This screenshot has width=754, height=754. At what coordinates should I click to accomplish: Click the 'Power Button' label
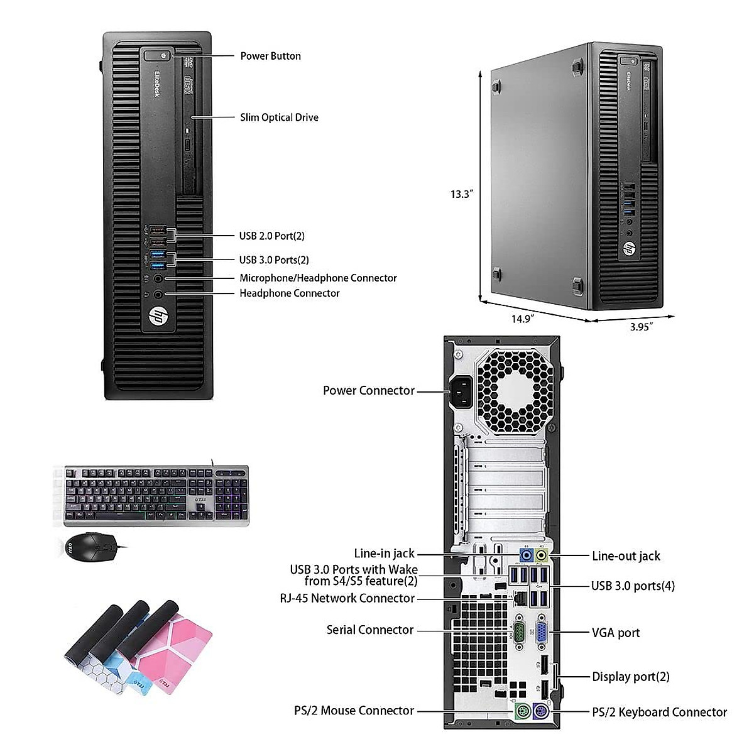coord(270,56)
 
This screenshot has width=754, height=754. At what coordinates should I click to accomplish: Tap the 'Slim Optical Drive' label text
coord(279,117)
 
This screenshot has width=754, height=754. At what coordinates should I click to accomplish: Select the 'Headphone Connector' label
coord(289,293)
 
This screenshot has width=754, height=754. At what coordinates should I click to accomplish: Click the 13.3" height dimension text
coord(461,194)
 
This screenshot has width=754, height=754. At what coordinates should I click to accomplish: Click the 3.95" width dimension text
coord(642,326)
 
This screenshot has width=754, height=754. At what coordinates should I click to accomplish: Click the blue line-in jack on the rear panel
coord(527,555)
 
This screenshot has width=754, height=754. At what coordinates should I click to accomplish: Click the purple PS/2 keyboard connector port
coord(540,711)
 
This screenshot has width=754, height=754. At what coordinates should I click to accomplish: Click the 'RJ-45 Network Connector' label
coord(347,598)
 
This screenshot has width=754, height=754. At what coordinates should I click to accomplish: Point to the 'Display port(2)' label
coord(630,677)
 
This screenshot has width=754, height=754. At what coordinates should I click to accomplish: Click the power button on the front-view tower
coord(163,56)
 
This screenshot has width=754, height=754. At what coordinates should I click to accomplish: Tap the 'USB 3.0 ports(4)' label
coord(633,586)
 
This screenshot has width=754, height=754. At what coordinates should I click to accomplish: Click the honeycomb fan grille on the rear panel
coord(514,390)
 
